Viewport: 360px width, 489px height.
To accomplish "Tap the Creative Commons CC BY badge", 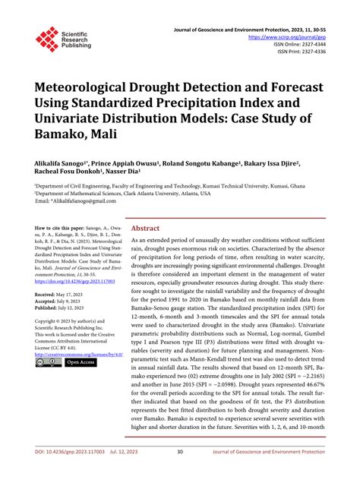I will coord(49,363).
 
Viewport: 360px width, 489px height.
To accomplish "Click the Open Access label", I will coord(81,363).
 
